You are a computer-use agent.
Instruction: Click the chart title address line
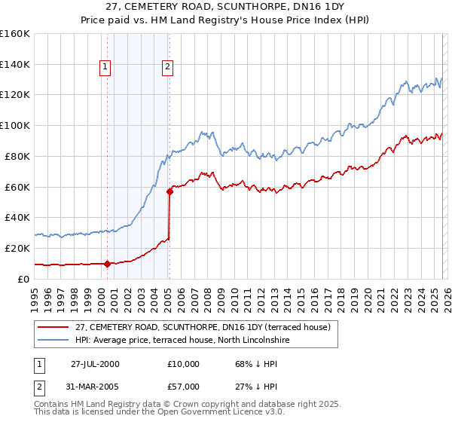(x=226, y=7)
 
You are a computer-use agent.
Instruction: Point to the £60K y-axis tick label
(x=17, y=187)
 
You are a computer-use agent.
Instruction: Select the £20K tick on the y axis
(x=17, y=248)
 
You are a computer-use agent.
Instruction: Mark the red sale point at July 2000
(x=108, y=264)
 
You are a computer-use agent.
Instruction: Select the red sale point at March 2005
(x=169, y=191)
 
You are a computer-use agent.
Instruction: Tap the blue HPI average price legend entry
(x=193, y=341)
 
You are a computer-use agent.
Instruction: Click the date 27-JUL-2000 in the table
(x=95, y=363)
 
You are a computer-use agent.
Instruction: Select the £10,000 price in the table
(x=184, y=363)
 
